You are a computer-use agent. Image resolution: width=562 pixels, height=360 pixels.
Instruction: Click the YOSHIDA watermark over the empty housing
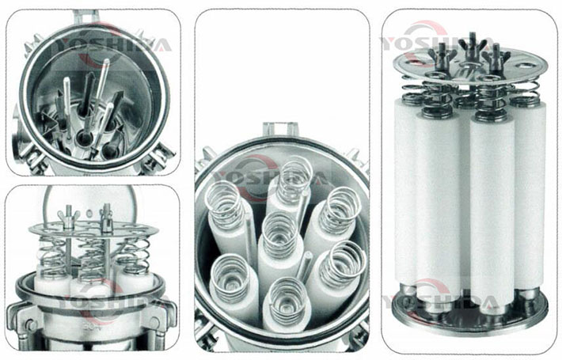pyautogui.click(x=112, y=44)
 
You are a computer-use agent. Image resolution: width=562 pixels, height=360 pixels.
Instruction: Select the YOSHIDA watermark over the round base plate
pyautogui.click(x=441, y=303)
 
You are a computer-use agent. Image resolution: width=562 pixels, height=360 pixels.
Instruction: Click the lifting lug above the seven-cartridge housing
pyautogui.click(x=281, y=129)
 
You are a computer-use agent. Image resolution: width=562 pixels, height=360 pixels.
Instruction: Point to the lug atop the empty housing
pyautogui.click(x=85, y=17)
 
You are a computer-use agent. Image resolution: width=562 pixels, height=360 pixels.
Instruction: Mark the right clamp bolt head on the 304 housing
pyautogui.click(x=156, y=323)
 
